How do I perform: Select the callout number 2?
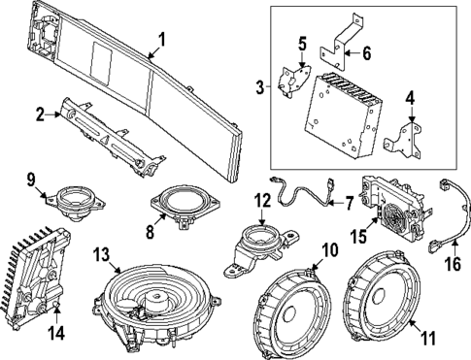(42, 114)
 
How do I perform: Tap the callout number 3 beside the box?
(259, 87)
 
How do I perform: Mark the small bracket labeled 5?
(291, 81)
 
